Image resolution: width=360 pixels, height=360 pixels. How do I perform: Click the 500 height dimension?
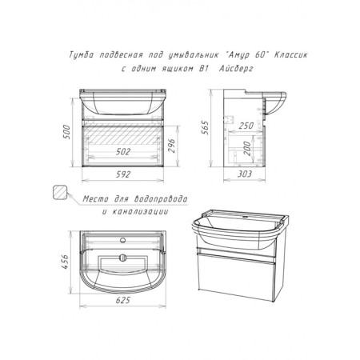(x=66, y=131)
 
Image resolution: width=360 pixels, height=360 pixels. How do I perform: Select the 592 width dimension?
(x=123, y=174)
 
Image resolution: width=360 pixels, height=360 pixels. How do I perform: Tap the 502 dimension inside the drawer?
(x=123, y=152)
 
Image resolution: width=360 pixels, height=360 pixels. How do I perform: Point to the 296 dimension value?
(x=171, y=146)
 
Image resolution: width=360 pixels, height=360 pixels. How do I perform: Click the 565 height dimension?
(x=205, y=127)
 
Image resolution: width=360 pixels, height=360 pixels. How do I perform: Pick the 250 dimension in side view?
(x=246, y=126)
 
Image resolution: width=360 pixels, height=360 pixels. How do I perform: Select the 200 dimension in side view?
(x=247, y=149)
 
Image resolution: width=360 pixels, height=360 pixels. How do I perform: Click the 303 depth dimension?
(x=245, y=174)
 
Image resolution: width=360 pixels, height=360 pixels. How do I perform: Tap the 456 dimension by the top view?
(x=65, y=262)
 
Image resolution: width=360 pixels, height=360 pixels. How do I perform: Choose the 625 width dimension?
(x=123, y=300)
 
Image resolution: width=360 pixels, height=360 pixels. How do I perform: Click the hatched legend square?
(x=59, y=193)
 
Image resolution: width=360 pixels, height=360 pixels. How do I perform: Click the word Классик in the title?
(x=290, y=54)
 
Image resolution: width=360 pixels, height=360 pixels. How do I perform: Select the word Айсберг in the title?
(x=236, y=69)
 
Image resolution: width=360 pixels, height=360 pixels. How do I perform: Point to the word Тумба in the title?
(x=82, y=55)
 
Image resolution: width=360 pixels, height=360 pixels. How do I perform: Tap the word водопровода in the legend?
(x=161, y=199)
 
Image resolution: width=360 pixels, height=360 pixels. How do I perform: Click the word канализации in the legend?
(x=140, y=212)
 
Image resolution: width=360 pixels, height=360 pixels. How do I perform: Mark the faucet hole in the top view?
(x=123, y=240)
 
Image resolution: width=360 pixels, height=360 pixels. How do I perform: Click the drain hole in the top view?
(x=123, y=258)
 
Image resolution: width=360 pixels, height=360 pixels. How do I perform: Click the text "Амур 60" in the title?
(x=246, y=54)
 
